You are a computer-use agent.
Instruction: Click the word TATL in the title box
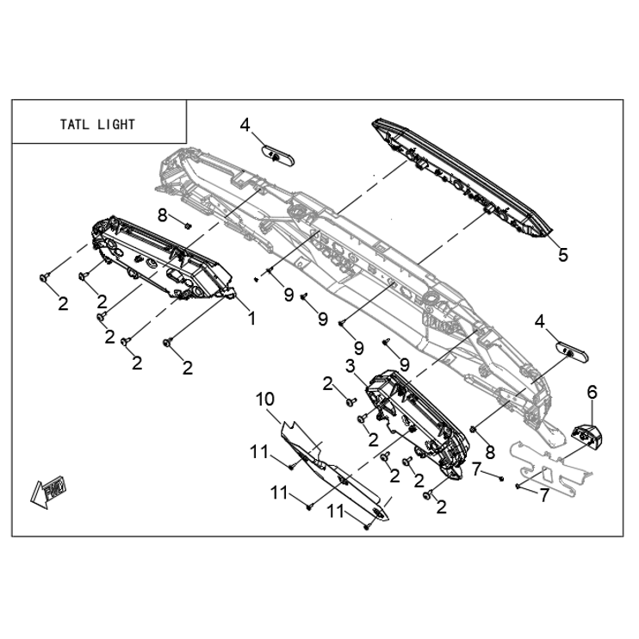[75, 124]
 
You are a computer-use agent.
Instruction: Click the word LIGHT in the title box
[115, 124]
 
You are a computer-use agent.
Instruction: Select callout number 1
[252, 319]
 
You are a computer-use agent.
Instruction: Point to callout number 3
[351, 366]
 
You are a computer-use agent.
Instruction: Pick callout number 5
[563, 255]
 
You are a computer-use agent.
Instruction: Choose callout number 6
[592, 392]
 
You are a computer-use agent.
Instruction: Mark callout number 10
[265, 399]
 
